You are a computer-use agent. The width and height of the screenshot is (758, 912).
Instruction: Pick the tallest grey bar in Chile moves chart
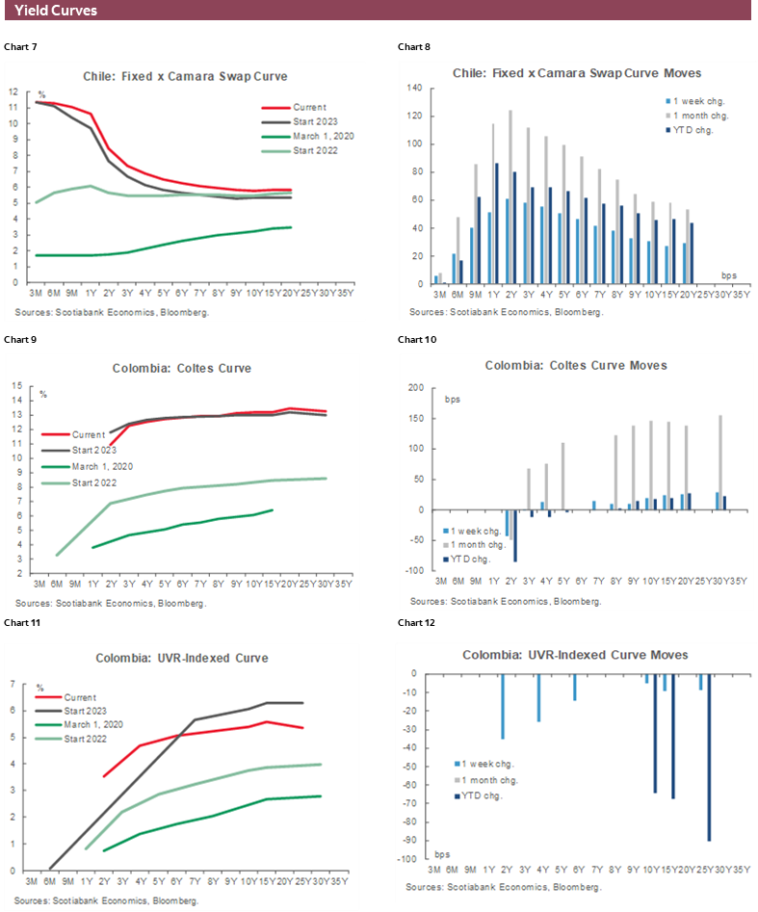click(x=510, y=197)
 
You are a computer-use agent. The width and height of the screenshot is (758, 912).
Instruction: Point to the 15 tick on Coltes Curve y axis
click(x=15, y=386)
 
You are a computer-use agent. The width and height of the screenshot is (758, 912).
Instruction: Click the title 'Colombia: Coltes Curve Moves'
click(x=576, y=365)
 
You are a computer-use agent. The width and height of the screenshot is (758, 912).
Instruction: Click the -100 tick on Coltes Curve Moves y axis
click(x=414, y=571)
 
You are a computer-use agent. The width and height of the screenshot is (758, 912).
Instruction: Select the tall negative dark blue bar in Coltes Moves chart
click(x=514, y=535)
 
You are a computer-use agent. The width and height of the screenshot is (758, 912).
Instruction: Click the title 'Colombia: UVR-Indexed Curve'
click(x=181, y=658)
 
